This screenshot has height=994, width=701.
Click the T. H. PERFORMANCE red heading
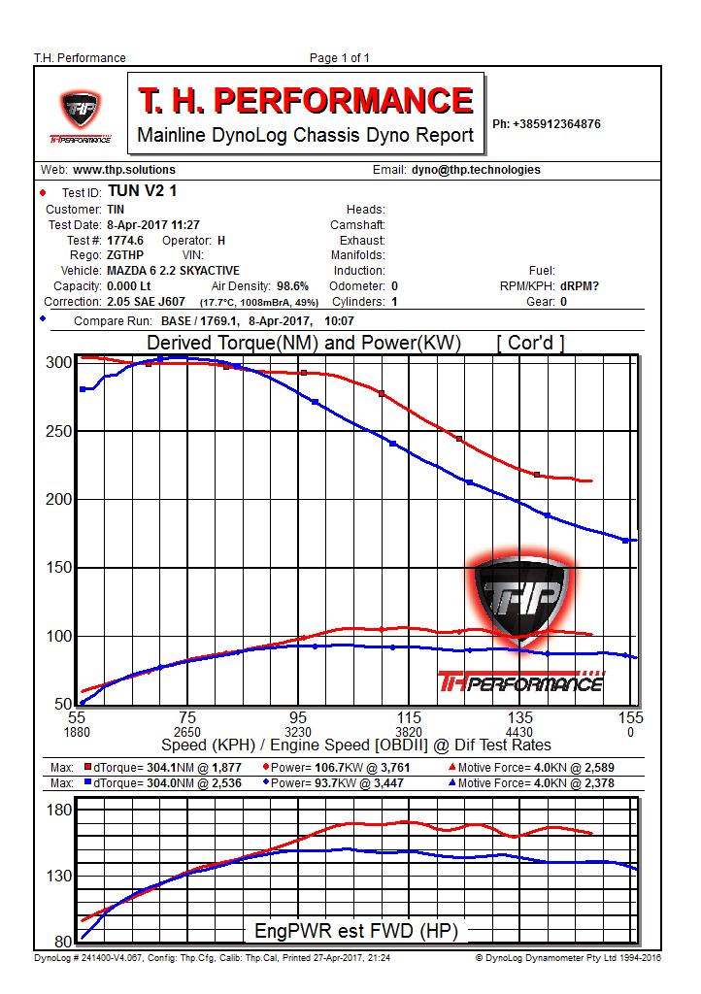305,100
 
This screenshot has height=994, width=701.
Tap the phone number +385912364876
547,124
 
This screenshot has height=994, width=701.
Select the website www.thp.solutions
124,170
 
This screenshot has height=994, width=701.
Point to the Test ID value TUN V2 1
143,192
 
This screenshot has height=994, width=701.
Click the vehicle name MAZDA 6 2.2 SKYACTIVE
173,271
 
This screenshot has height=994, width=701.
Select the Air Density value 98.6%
292,286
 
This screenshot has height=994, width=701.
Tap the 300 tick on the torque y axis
60,363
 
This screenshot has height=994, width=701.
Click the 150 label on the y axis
60,567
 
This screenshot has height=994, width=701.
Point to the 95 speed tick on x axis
298,718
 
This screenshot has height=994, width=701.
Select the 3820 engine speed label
409,732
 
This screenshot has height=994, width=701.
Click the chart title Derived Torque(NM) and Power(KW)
303,344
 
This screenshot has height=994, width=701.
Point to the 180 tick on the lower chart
60,811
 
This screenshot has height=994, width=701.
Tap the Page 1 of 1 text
339,58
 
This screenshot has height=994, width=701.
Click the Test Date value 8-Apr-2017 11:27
153,224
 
